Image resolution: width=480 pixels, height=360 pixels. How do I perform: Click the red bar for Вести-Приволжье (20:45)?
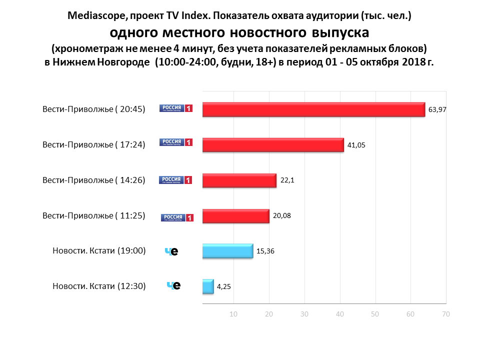pos(313,109)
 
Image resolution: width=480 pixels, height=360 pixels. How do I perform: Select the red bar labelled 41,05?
pos(273,145)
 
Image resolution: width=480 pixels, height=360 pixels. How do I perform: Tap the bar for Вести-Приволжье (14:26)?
pos(239,180)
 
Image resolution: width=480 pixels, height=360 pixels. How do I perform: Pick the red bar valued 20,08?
pos(235,216)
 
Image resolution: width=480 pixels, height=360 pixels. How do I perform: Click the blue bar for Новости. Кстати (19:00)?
pos(227,251)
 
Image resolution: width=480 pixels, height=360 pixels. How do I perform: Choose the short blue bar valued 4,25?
pos(208,286)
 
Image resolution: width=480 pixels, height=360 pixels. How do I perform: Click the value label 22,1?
pos(287,180)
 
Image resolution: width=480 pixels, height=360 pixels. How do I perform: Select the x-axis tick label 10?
pos(233,314)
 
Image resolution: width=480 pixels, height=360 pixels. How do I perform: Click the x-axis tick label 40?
pos(340,314)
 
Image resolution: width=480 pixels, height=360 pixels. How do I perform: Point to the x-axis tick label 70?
pos(446,314)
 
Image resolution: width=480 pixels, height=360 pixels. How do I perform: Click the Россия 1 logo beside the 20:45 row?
pos(176,108)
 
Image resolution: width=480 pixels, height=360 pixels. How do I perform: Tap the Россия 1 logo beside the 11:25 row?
pos(177,217)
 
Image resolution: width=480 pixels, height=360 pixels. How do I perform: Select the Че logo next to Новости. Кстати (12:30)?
pos(173,286)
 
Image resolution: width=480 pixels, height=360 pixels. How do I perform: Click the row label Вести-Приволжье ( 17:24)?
pos(94,145)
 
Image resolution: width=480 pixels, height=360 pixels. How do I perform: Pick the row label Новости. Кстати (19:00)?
pos(99,251)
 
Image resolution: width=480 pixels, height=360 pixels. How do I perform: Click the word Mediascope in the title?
pos(94,16)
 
